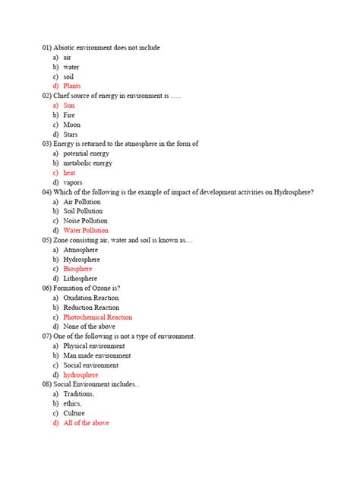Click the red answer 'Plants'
(x=72, y=86)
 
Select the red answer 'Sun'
(x=69, y=105)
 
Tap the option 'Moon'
(x=71, y=125)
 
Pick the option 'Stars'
(x=71, y=134)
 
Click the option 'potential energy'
(x=87, y=153)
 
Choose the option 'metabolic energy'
(x=87, y=163)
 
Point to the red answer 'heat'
(x=69, y=172)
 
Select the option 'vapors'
(x=73, y=182)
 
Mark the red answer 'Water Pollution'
(x=86, y=230)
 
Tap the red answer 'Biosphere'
(x=77, y=269)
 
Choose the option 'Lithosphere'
(x=79, y=279)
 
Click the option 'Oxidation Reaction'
(x=91, y=298)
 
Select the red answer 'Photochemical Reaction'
(x=98, y=317)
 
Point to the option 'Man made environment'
(x=97, y=355)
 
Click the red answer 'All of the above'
(x=87, y=422)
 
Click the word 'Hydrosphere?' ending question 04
(x=295, y=192)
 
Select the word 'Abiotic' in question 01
(x=65, y=48)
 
